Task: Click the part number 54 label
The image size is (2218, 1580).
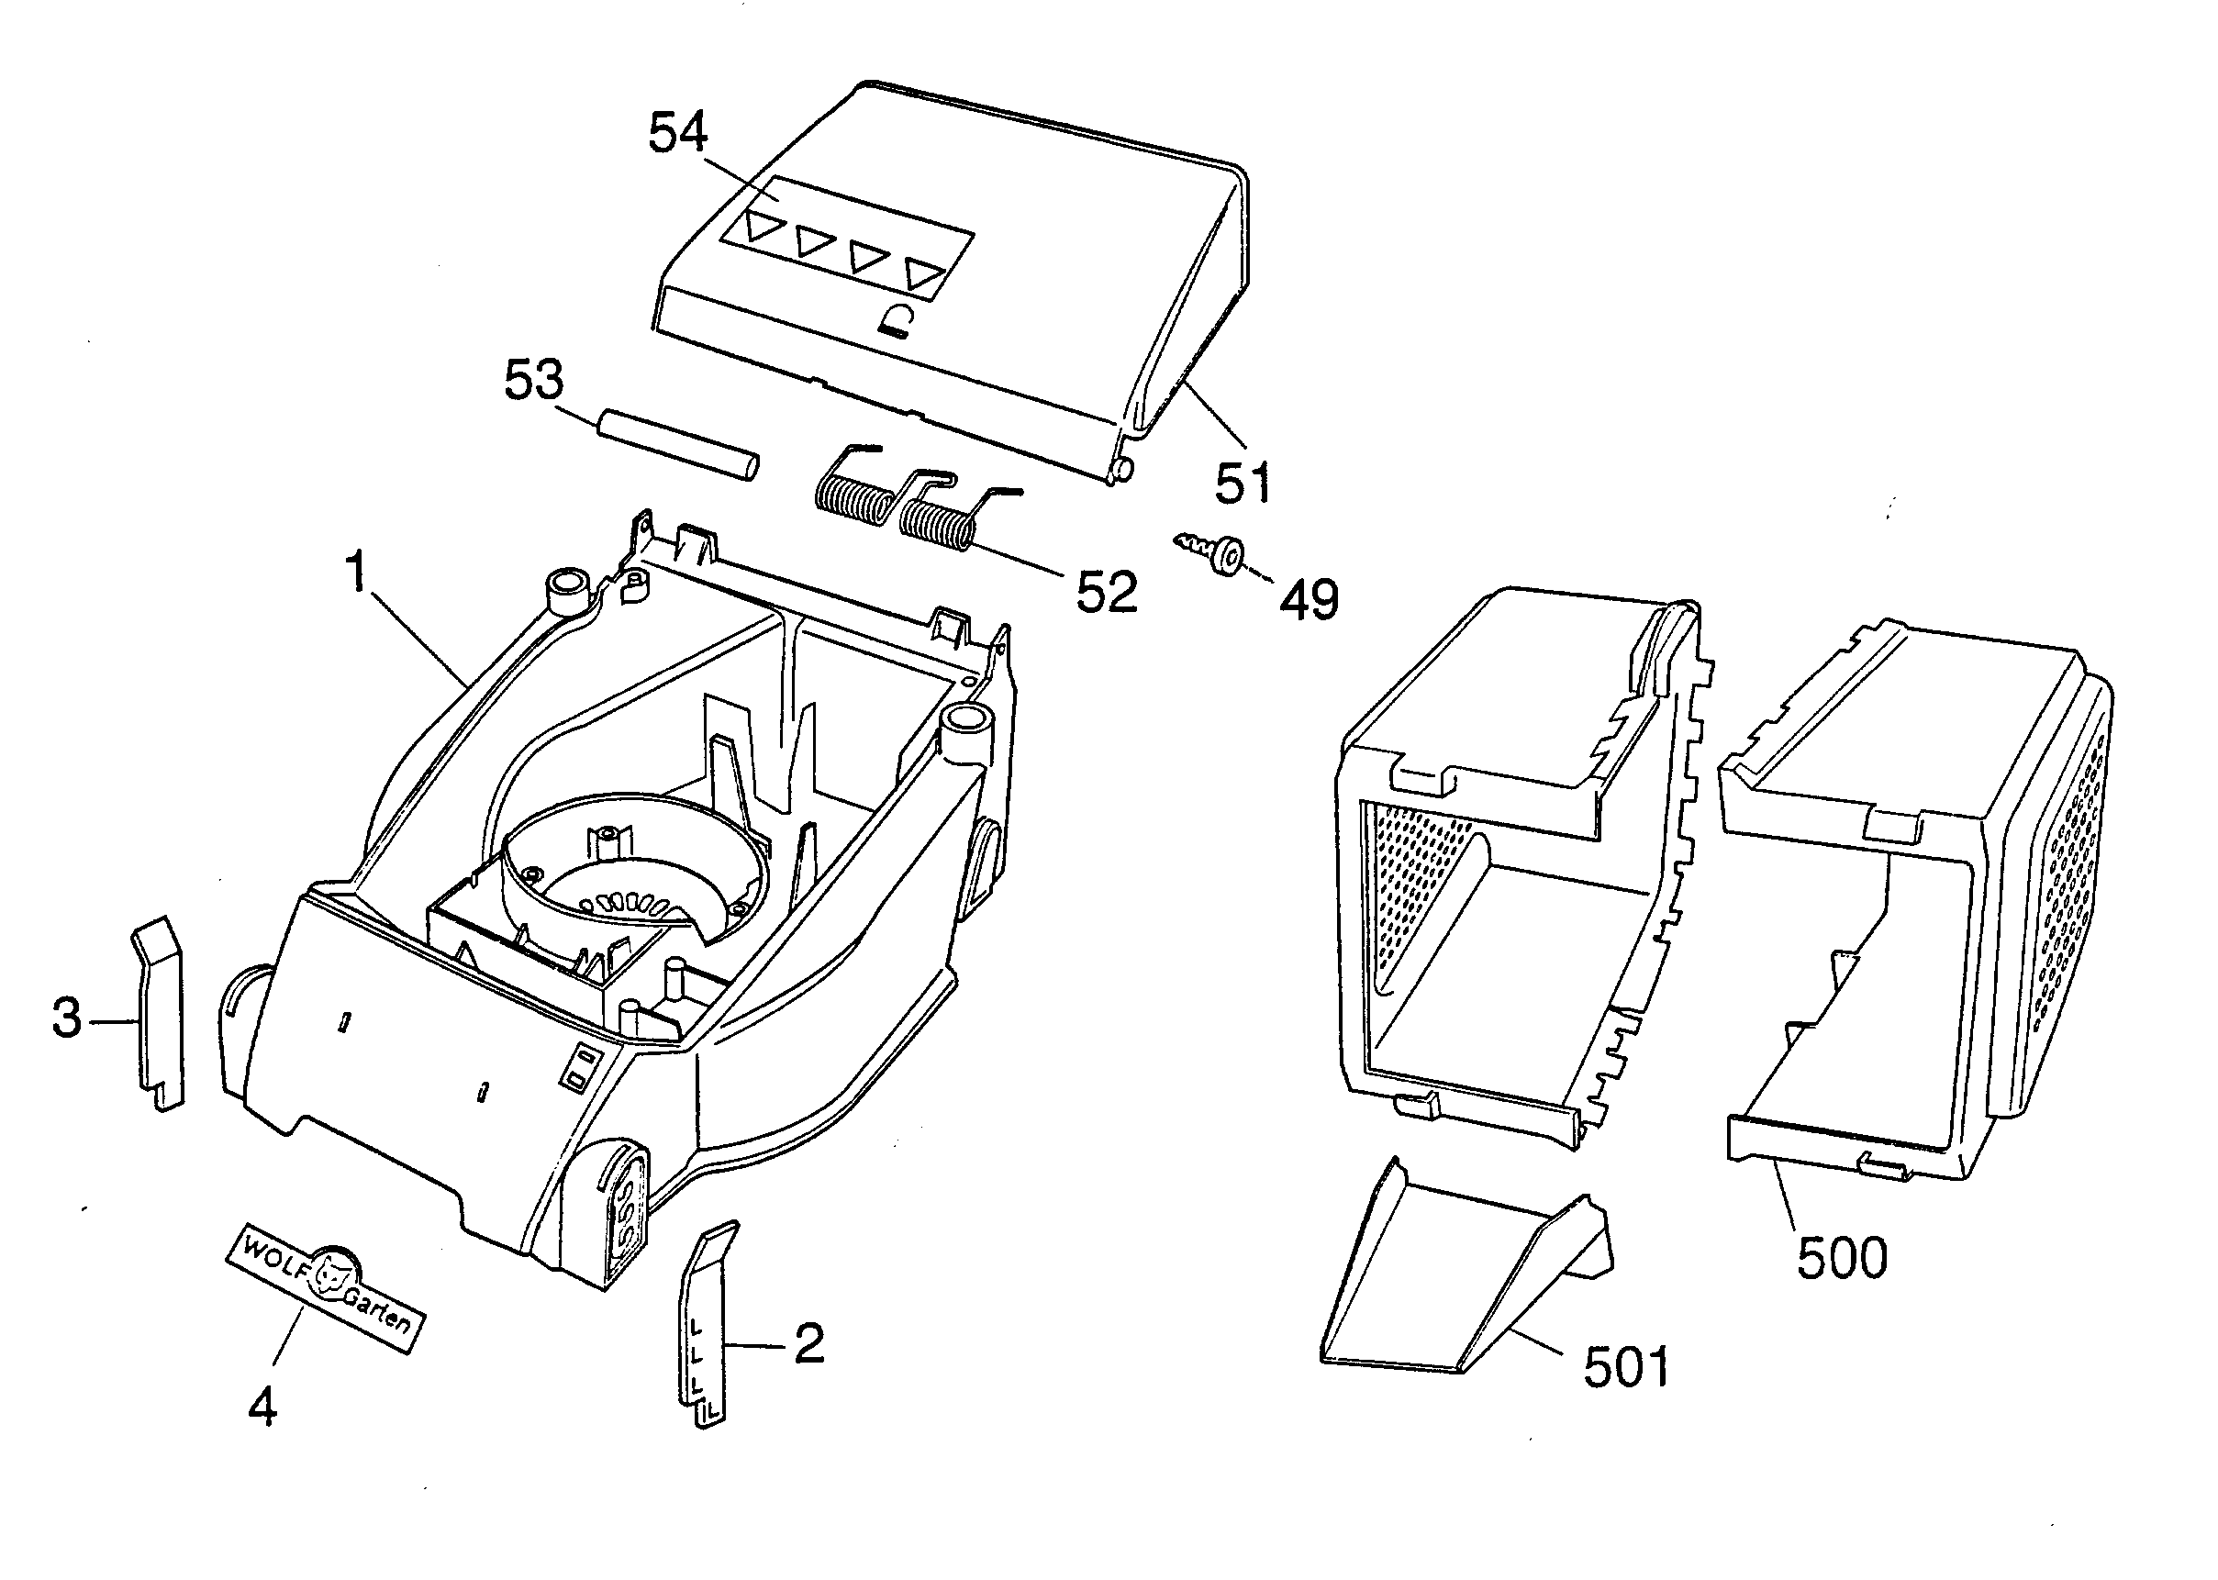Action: [678, 132]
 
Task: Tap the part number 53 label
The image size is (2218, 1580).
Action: [534, 380]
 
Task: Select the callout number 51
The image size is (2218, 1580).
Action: [1243, 483]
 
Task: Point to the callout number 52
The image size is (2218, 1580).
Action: [1106, 593]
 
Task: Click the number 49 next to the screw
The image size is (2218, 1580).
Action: [1309, 600]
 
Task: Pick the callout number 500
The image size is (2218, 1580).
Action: [1842, 1258]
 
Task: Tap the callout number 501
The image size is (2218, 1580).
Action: [1625, 1367]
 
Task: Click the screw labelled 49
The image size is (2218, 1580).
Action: [1212, 551]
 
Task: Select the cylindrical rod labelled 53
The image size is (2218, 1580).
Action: [677, 445]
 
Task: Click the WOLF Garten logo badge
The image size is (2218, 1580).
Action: [326, 1285]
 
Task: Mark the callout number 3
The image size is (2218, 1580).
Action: [66, 1019]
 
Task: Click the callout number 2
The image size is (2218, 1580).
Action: [808, 1343]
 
